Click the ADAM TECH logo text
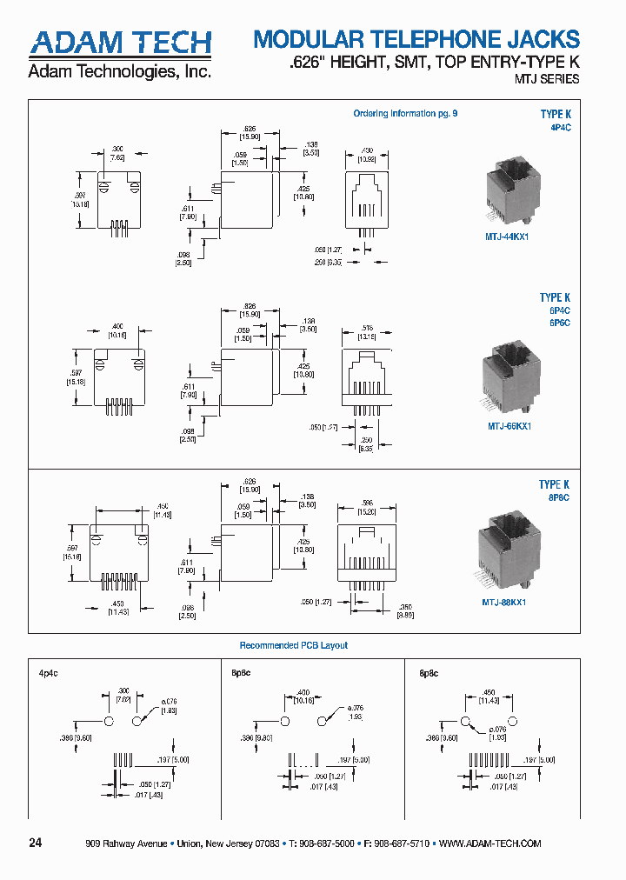pyautogui.click(x=121, y=42)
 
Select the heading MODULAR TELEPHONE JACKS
pyautogui.click(x=416, y=39)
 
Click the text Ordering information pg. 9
pyautogui.click(x=404, y=114)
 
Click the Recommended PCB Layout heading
pyautogui.click(x=293, y=645)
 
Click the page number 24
pyautogui.click(x=36, y=843)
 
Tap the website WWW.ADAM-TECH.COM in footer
pyautogui.click(x=490, y=843)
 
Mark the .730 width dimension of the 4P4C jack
pyautogui.click(x=367, y=150)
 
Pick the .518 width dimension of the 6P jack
pyautogui.click(x=367, y=328)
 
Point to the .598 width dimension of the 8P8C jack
pyautogui.click(x=367, y=502)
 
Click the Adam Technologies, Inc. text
pyautogui.click(x=120, y=72)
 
